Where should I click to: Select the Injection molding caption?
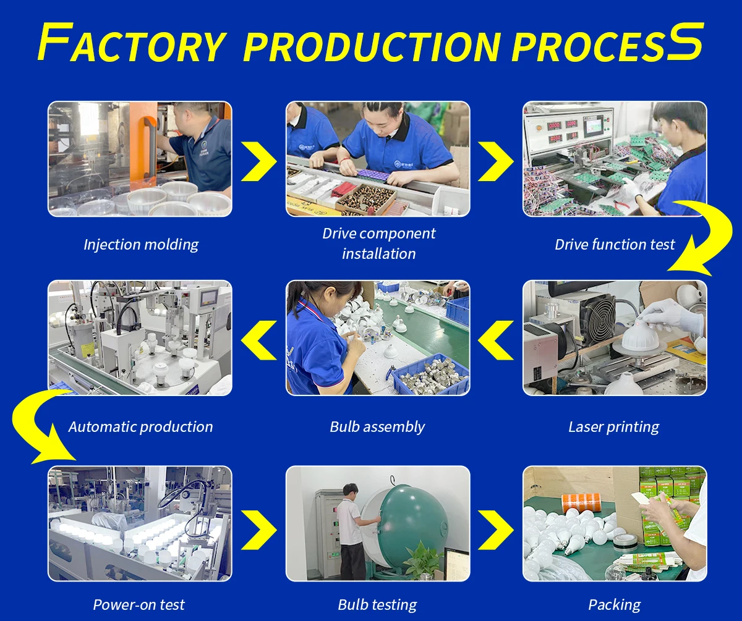tap(141, 244)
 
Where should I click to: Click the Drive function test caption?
tap(615, 244)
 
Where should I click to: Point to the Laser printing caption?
tap(613, 426)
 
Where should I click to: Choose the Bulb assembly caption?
tap(377, 426)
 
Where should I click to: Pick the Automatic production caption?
tap(140, 426)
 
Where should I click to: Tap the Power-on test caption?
tap(139, 604)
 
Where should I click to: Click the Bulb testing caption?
tap(377, 604)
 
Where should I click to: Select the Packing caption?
tap(614, 604)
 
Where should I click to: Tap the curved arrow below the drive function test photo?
tap(702, 238)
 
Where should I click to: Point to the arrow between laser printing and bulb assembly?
tap(496, 340)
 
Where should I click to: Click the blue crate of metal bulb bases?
tap(430, 374)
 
